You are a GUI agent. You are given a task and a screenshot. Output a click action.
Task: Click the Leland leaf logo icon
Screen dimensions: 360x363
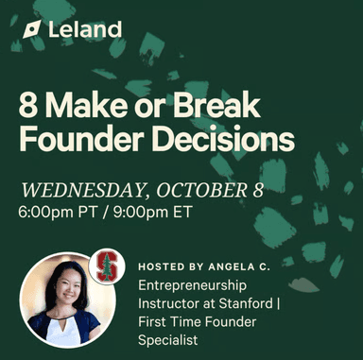tap(32, 29)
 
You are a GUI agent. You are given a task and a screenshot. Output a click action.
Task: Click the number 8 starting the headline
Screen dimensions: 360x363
tap(27, 106)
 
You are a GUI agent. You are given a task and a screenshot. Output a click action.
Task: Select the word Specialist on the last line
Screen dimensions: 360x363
tap(171, 338)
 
